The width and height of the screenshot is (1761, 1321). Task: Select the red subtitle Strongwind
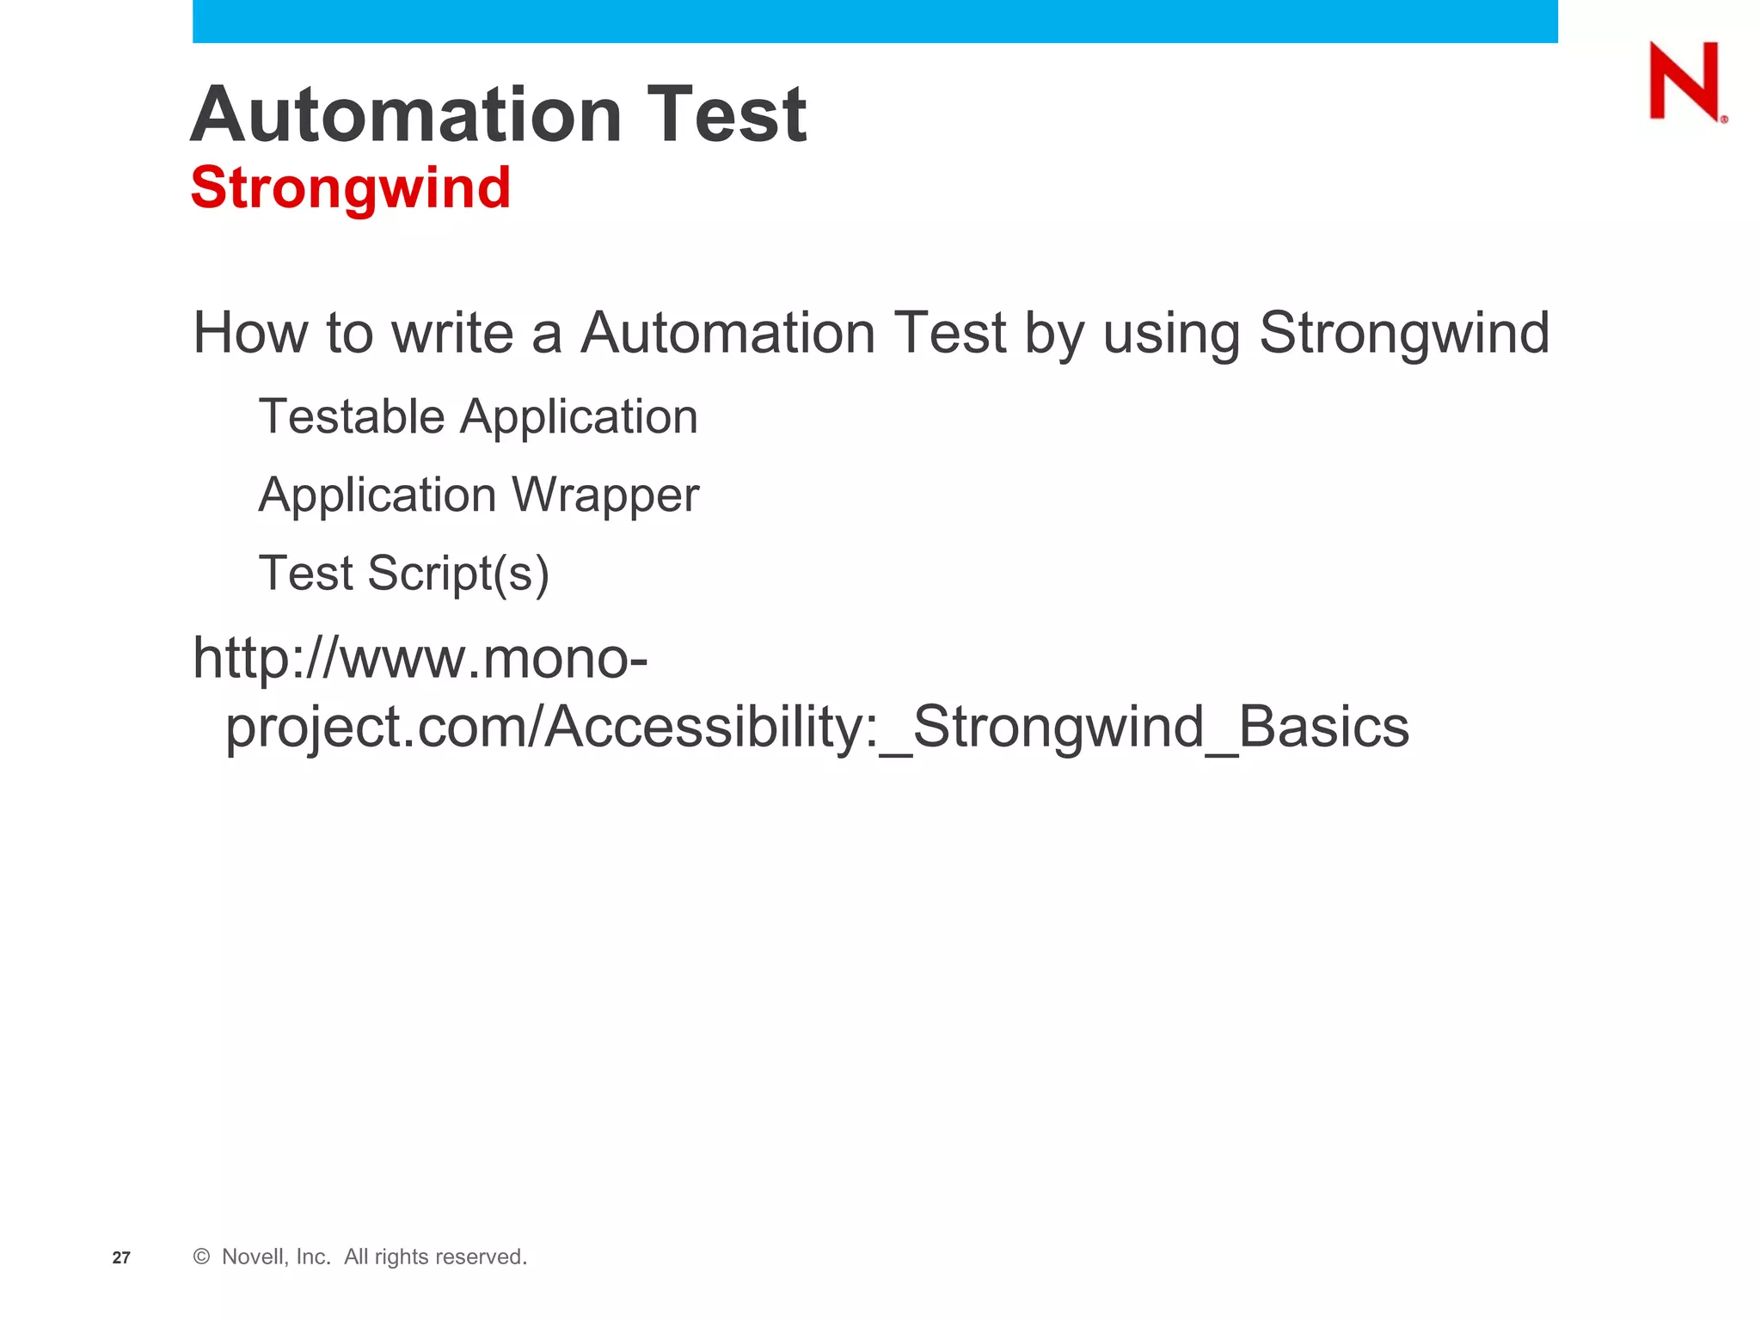pos(351,187)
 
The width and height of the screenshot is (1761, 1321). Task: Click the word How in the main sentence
pos(249,333)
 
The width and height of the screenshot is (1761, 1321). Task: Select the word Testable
pos(352,417)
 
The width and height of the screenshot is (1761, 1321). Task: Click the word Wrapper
pos(605,496)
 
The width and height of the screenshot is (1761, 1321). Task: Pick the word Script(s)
pos(458,574)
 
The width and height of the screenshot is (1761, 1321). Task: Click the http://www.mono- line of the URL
pos(420,659)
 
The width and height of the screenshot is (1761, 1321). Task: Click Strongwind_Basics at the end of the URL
pos(1161,728)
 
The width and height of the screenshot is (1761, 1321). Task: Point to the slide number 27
pos(121,1257)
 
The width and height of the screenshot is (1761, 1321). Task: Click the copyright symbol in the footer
pos(201,1256)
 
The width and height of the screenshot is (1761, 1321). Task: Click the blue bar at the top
pos(874,21)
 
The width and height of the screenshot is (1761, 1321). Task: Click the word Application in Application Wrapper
pos(377,496)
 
